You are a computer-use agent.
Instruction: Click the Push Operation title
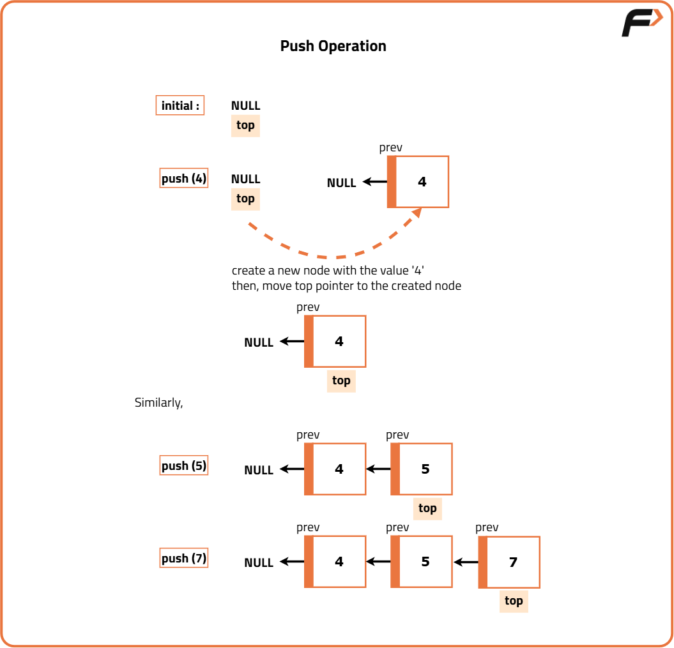pyautogui.click(x=333, y=46)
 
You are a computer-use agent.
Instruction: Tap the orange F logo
pyautogui.click(x=641, y=24)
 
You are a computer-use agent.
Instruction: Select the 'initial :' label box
pyautogui.click(x=180, y=105)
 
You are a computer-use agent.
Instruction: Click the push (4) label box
pyautogui.click(x=184, y=178)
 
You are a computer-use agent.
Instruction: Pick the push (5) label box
pyautogui.click(x=184, y=465)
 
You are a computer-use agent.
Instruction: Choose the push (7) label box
pyautogui.click(x=184, y=558)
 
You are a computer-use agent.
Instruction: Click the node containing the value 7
pyautogui.click(x=509, y=562)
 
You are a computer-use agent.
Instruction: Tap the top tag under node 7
pyautogui.click(x=514, y=601)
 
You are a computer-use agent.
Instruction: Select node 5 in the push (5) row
pyautogui.click(x=421, y=469)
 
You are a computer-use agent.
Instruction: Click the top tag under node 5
pyautogui.click(x=427, y=508)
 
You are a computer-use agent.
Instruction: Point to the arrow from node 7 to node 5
pyautogui.click(x=466, y=562)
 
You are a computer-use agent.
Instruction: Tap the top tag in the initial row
pyautogui.click(x=245, y=125)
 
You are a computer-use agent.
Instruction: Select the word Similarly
pyautogui.click(x=158, y=403)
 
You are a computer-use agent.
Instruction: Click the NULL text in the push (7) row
pyautogui.click(x=259, y=562)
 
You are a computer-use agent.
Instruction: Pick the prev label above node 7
pyautogui.click(x=487, y=527)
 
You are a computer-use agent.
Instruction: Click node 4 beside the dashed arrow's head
pyautogui.click(x=418, y=182)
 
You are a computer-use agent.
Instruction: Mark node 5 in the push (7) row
pyautogui.click(x=421, y=562)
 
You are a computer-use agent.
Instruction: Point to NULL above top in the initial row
pyautogui.click(x=245, y=106)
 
